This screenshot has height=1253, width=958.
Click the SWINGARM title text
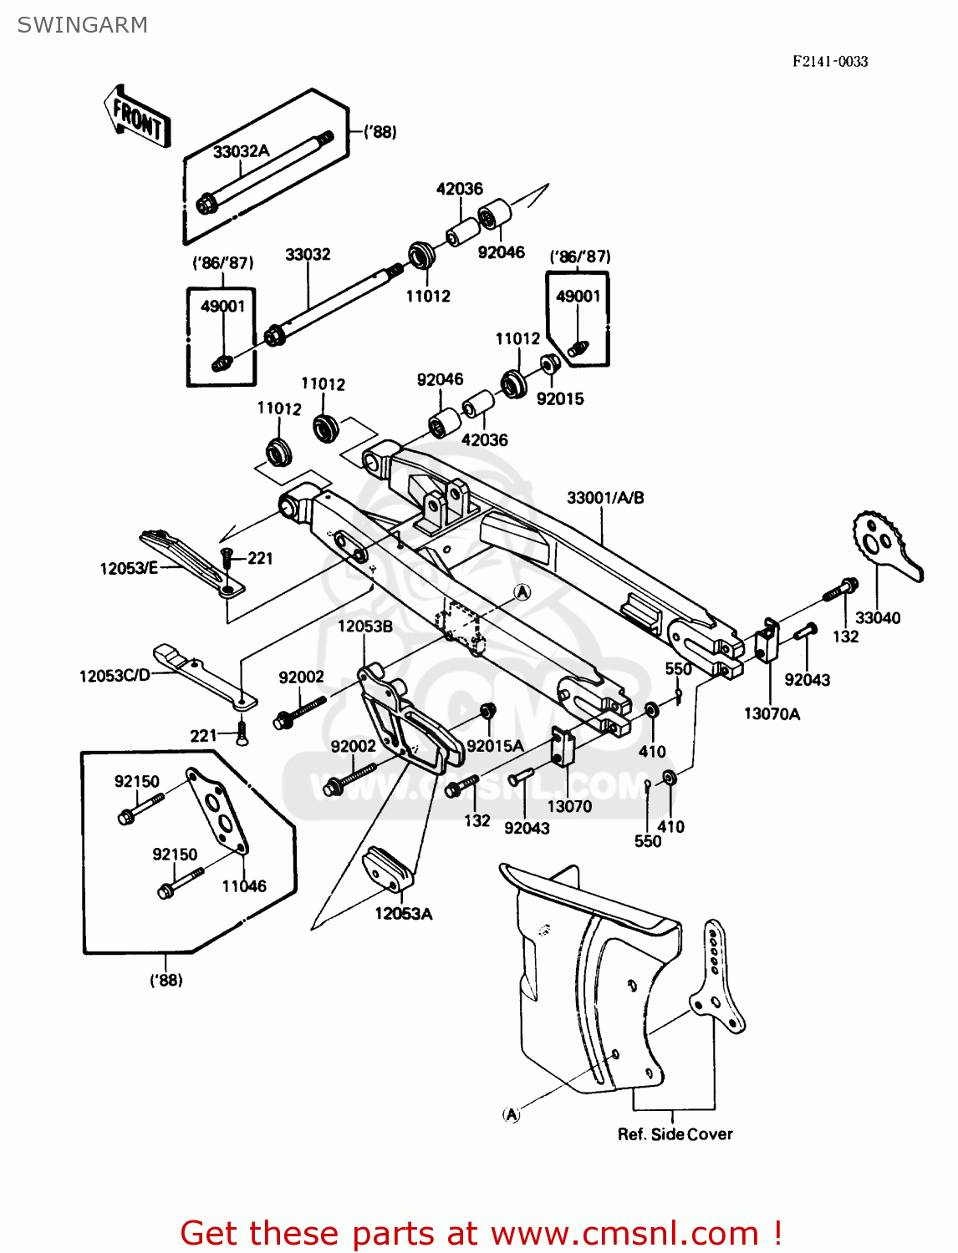click(82, 25)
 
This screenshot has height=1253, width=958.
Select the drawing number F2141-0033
click(830, 61)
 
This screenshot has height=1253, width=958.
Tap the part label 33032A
click(241, 151)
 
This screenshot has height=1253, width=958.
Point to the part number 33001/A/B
click(605, 498)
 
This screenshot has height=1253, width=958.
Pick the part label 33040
click(877, 618)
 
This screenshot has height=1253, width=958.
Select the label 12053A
click(403, 914)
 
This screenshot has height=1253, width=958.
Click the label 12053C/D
click(115, 676)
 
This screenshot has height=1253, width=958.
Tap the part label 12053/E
click(129, 569)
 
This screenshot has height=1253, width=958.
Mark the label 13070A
click(772, 713)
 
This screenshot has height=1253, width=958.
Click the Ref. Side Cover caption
click(675, 1134)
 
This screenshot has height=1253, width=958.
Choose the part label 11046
click(244, 886)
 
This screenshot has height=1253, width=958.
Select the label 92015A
click(495, 746)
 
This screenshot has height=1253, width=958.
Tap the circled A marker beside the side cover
click(511, 1114)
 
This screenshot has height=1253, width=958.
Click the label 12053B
click(365, 626)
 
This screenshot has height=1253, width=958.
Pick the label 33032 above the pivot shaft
click(308, 254)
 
